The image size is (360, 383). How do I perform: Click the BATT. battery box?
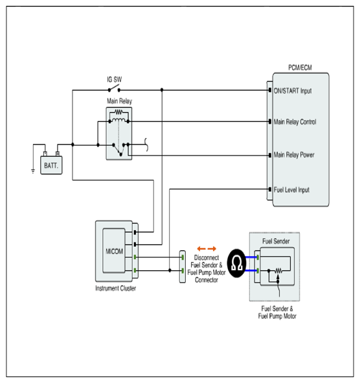51,165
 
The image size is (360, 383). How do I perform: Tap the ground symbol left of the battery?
33,170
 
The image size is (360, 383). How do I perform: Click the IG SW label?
114,79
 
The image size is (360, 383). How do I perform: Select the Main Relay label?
119,101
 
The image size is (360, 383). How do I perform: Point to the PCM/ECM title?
300,67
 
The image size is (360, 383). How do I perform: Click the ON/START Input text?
293,91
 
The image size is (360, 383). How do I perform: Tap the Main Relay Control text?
295,122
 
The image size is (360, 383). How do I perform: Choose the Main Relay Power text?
294,155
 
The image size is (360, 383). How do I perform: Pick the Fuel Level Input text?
291,190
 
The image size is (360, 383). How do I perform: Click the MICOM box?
114,251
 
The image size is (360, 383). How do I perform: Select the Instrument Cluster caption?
115,288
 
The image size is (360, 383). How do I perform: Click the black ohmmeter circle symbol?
236,263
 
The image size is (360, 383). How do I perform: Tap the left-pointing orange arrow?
201,249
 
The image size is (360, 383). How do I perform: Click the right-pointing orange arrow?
212,249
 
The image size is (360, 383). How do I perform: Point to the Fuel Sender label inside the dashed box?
276,241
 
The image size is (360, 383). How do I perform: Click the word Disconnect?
207,257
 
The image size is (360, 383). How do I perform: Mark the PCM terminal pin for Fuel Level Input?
270,189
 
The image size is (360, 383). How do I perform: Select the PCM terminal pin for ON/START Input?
270,90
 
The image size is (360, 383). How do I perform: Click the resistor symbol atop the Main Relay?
118,112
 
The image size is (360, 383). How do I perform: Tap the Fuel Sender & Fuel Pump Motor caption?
277,312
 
